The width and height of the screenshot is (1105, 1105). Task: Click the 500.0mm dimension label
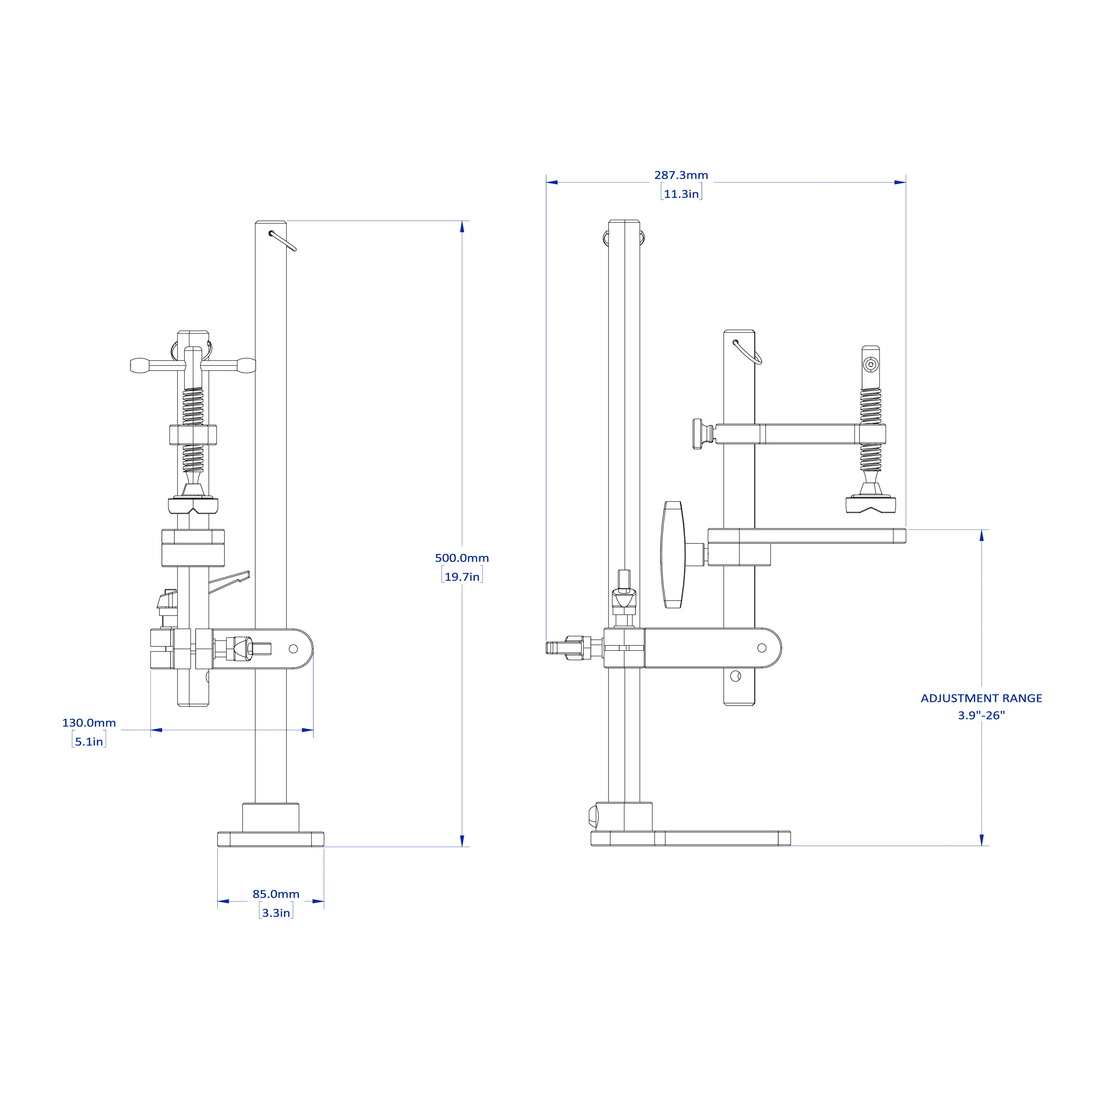tap(462, 558)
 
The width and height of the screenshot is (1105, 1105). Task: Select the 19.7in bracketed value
tap(462, 576)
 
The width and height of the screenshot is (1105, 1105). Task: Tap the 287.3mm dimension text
tap(681, 175)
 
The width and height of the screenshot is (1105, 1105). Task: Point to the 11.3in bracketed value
tap(681, 194)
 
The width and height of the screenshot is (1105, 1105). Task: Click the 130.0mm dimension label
tap(89, 722)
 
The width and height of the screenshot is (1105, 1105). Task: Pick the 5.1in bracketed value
tap(89, 741)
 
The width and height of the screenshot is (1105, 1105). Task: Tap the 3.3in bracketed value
tap(276, 913)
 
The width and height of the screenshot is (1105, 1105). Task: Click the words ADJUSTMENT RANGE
tap(981, 698)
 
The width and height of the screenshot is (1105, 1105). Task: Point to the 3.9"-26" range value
tap(981, 715)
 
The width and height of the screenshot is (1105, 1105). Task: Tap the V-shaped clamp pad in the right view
tap(870, 505)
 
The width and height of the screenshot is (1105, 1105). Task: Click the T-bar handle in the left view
tap(193, 365)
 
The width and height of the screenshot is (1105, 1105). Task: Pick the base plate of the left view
tap(270, 839)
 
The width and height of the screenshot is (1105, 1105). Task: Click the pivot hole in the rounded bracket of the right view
tap(761, 648)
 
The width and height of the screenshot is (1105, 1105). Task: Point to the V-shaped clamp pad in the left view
tap(193, 506)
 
